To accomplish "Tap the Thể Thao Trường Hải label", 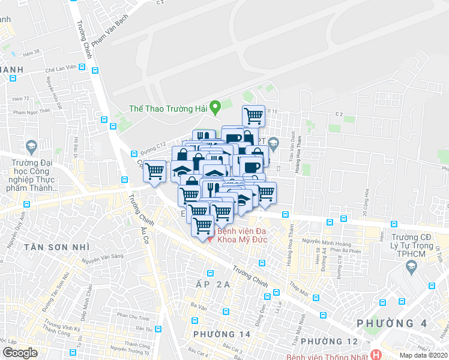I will point(168,109).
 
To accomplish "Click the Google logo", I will point(20,352).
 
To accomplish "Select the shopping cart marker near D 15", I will point(254,115).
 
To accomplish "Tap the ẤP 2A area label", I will point(208,284).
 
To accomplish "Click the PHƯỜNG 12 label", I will point(328,341).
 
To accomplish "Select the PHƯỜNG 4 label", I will point(393,323).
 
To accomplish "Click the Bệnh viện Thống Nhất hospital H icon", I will point(376,354).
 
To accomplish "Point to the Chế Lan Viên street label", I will point(59,69).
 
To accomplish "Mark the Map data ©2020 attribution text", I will point(424,355).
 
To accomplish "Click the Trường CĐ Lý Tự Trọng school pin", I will point(411,268).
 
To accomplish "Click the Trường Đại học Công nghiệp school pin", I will point(31,146).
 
